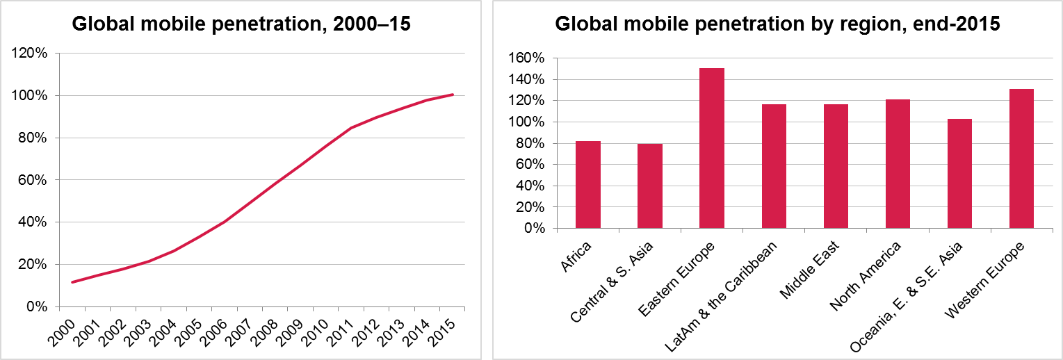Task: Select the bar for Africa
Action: click(587, 185)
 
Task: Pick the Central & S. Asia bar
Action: click(650, 186)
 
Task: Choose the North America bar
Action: click(898, 164)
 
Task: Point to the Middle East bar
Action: click(836, 166)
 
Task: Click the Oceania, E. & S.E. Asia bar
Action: click(959, 174)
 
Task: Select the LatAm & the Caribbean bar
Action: click(774, 166)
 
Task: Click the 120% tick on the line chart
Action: click(30, 53)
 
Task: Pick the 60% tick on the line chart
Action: click(33, 180)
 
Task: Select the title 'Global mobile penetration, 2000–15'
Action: click(242, 24)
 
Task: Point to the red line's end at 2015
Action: click(453, 95)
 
